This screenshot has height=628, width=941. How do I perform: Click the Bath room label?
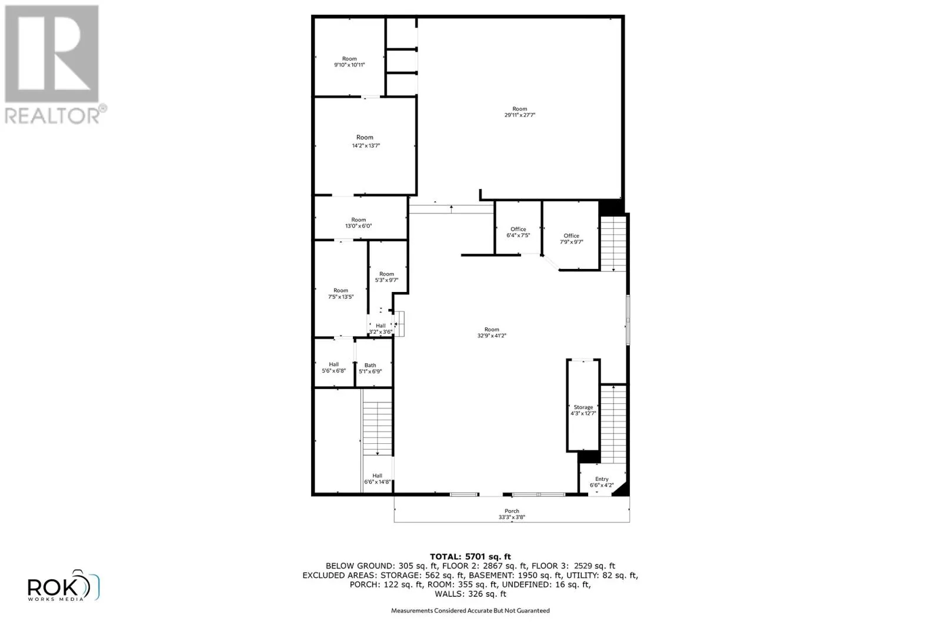(x=370, y=368)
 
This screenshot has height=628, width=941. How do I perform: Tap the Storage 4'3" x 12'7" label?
(x=583, y=410)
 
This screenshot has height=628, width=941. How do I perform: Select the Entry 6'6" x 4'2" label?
(x=602, y=483)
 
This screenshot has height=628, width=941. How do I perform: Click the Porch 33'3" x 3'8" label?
(x=512, y=514)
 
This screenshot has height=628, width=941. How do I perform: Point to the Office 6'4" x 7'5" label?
(x=518, y=232)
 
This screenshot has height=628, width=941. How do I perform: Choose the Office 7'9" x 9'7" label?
(x=571, y=238)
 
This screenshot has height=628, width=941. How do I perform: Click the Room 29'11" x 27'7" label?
(x=519, y=112)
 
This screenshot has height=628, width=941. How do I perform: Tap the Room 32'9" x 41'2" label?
(x=492, y=333)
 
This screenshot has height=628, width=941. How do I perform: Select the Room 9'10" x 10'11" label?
(x=349, y=62)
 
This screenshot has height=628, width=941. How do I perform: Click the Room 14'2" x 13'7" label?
(x=365, y=141)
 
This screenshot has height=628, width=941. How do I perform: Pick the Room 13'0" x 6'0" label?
(x=358, y=222)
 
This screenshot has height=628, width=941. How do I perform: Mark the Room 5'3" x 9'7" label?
(x=386, y=277)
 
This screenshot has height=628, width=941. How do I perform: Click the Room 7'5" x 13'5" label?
(x=341, y=293)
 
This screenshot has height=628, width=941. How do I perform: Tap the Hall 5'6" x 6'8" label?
(x=333, y=367)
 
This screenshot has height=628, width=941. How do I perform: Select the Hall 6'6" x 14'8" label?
(x=377, y=479)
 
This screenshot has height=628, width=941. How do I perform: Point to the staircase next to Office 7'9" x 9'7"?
(x=613, y=242)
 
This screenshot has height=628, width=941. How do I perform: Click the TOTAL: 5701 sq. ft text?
(x=470, y=556)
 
